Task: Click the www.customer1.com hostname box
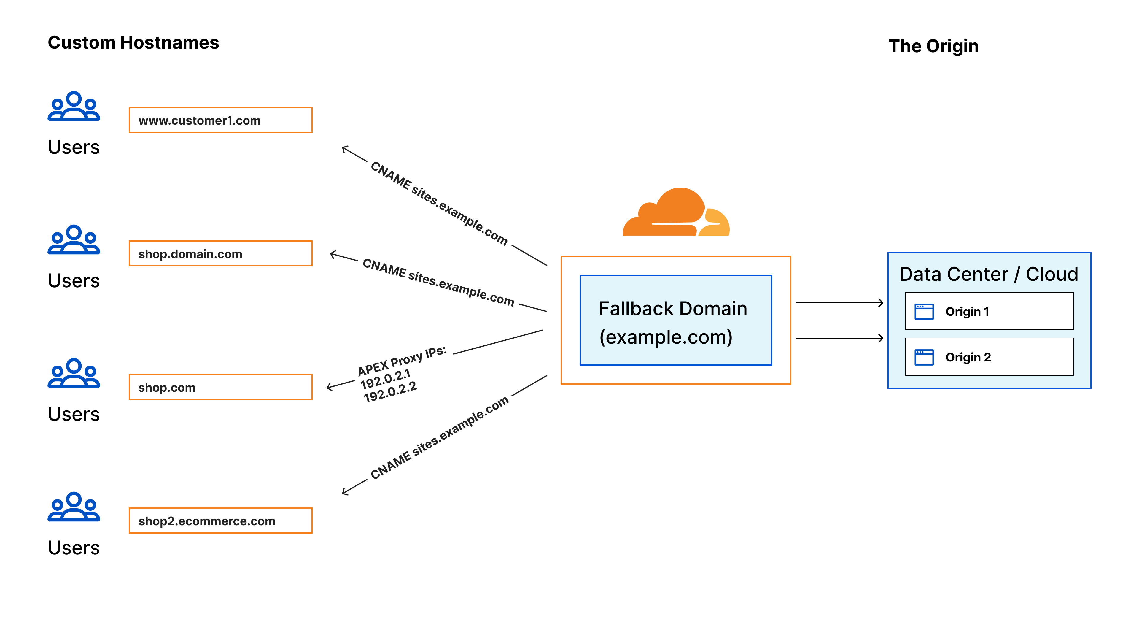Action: click(x=220, y=120)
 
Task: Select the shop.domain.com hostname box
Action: click(x=220, y=253)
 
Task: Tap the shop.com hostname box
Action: click(x=220, y=387)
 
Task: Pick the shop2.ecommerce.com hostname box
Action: click(x=220, y=521)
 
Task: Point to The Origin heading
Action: click(x=933, y=46)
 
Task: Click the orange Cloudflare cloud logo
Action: click(x=676, y=213)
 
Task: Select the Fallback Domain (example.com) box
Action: click(x=676, y=320)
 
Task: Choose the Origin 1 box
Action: click(x=989, y=311)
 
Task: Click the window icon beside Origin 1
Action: click(x=924, y=311)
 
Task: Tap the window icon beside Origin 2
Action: click(x=924, y=357)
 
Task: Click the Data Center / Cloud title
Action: click(x=989, y=274)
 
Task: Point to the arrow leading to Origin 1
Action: click(x=839, y=303)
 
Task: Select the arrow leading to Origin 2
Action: click(x=839, y=338)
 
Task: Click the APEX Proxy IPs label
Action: click(x=402, y=361)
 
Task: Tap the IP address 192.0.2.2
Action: click(x=390, y=392)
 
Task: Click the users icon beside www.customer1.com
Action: click(x=74, y=106)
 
